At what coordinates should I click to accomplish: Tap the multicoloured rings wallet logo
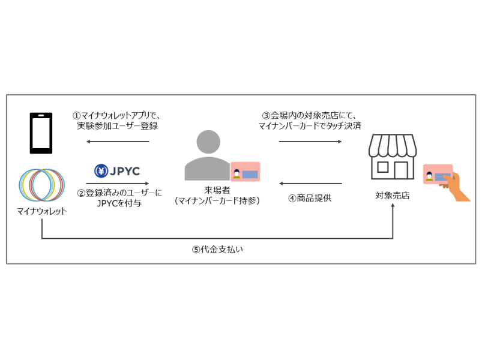[42, 184]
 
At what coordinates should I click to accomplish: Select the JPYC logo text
[125, 171]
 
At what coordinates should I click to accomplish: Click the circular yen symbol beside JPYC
[100, 171]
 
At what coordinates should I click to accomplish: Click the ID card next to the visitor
[245, 172]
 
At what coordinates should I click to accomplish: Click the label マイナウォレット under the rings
[42, 211]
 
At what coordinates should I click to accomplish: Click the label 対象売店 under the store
[393, 196]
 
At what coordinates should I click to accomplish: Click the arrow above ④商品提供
[310, 184]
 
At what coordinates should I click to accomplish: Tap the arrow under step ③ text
[310, 142]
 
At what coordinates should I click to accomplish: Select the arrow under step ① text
[117, 142]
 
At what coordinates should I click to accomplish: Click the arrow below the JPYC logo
[117, 184]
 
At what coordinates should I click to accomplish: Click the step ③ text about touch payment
[310, 121]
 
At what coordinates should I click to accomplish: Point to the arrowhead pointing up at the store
[393, 206]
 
